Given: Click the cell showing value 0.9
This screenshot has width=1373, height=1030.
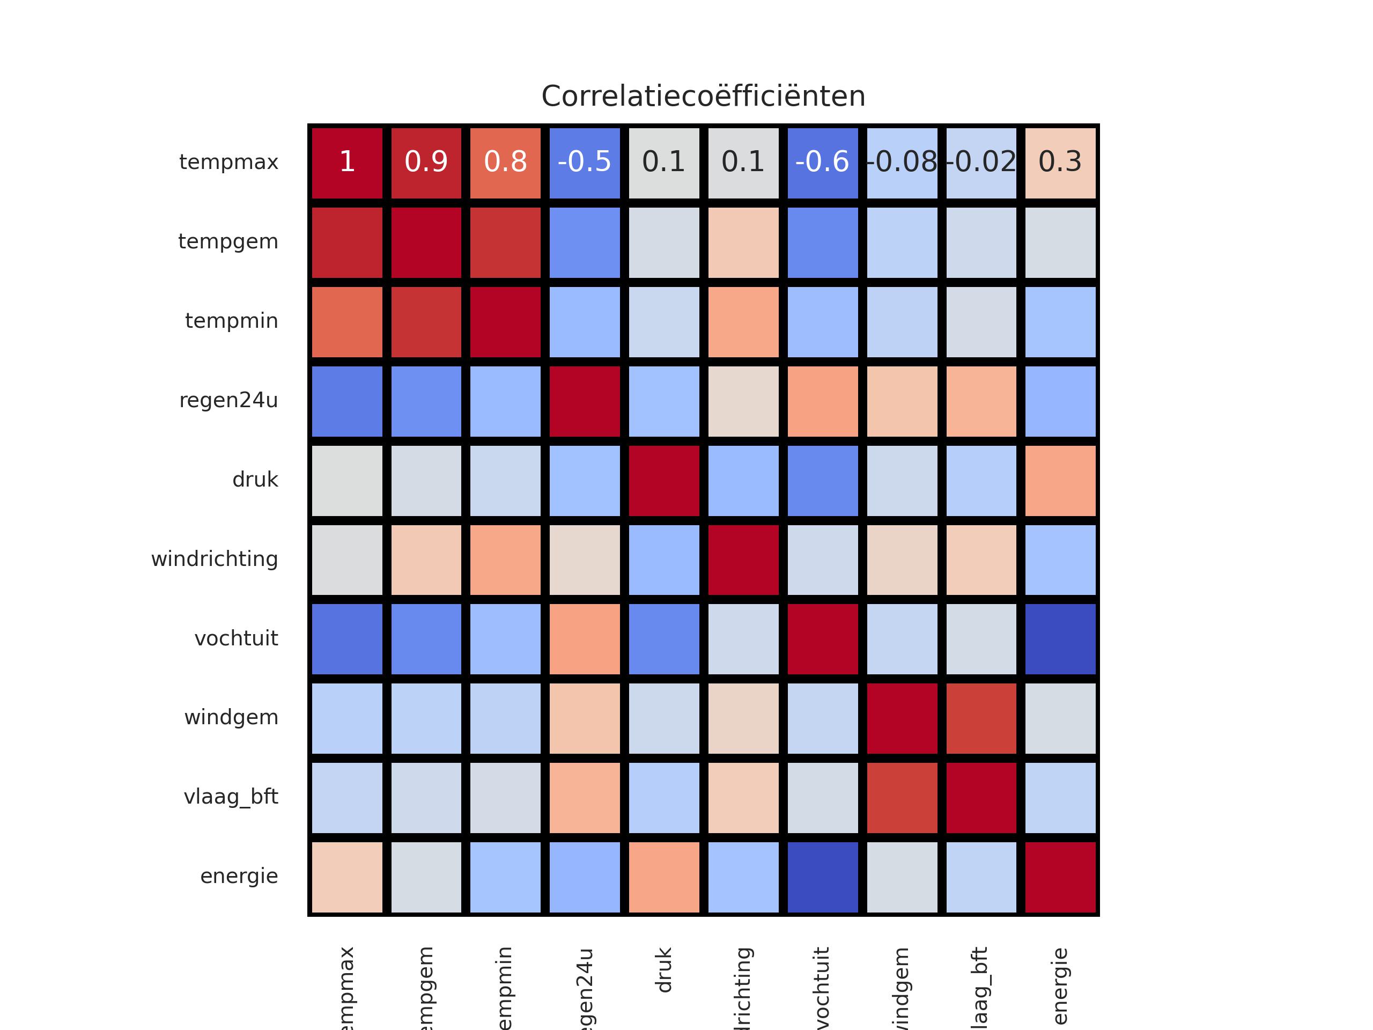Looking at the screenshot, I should tap(426, 163).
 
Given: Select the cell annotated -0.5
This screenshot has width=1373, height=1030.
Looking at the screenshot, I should tap(585, 163).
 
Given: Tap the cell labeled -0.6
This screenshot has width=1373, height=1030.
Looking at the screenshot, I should tap(822, 163).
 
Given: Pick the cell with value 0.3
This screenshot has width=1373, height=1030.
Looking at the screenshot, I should tap(1060, 163).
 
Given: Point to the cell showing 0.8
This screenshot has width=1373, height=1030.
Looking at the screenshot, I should tap(505, 163).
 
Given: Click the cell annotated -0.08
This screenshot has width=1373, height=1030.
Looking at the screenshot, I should tap(902, 163).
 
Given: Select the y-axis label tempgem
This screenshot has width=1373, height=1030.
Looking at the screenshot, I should tap(228, 241).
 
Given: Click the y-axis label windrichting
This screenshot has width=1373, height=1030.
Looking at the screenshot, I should tap(215, 560).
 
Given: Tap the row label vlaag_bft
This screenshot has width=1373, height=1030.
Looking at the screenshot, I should tap(231, 797).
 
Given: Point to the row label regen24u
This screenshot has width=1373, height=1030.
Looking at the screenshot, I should tap(228, 400).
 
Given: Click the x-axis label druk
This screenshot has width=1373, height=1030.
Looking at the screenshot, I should tap(664, 970).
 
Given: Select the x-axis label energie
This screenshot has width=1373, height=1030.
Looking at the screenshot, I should tap(1060, 986).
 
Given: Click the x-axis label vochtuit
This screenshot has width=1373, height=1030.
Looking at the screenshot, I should tap(822, 987).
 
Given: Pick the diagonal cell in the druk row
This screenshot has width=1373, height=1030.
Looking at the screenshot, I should tap(664, 481).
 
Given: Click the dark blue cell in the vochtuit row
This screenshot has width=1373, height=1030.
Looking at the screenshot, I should tap(1060, 639).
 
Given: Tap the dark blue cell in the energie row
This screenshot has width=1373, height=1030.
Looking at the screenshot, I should tap(822, 877).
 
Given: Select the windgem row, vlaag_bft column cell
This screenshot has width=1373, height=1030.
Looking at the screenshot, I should tap(981, 718).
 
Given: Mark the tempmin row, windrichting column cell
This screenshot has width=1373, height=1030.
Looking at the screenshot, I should tap(743, 321).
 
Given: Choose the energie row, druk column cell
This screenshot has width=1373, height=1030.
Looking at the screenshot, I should tap(664, 877).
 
